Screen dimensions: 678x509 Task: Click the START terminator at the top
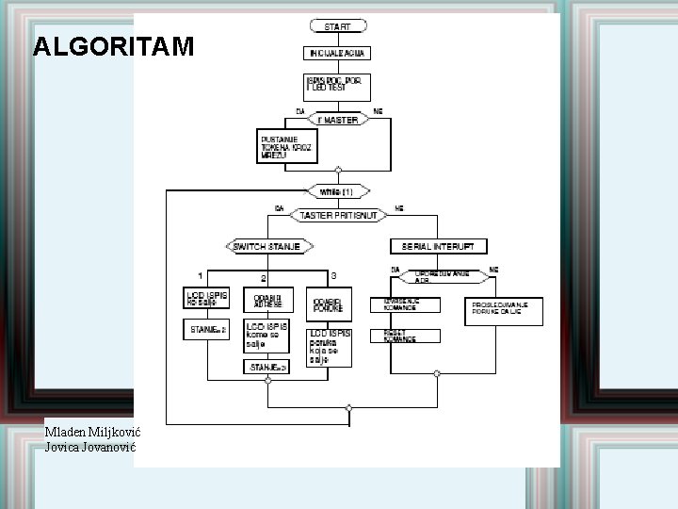tap(337, 26)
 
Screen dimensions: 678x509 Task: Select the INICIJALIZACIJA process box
tap(337, 54)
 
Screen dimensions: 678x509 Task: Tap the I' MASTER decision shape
tap(337, 121)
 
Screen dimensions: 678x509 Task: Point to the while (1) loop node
tap(337, 191)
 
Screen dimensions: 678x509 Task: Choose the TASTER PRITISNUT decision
tap(337, 216)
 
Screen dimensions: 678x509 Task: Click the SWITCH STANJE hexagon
tap(267, 246)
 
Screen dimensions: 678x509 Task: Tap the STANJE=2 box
tap(204, 329)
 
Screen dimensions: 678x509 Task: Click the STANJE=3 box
tap(267, 367)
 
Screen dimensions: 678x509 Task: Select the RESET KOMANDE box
tap(405, 336)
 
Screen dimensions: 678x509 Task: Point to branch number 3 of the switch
tap(333, 275)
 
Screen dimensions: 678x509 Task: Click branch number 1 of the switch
tap(200, 275)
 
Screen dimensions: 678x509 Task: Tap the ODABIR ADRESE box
tap(266, 301)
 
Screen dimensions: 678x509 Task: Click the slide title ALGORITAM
tap(113, 46)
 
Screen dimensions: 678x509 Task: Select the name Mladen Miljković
tap(90, 432)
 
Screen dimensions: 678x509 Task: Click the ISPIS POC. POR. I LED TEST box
tap(337, 87)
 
